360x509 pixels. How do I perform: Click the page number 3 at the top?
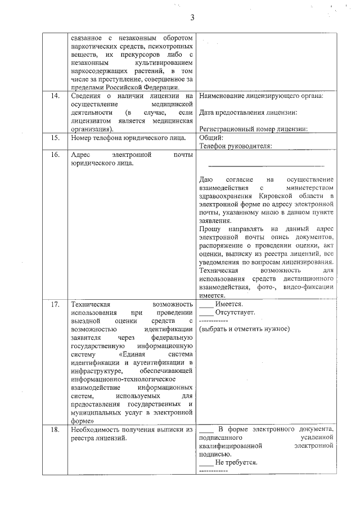192,17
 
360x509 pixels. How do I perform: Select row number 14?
55,96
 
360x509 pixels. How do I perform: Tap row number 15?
55,137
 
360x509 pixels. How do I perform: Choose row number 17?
55,304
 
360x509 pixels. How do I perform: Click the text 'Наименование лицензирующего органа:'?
261,96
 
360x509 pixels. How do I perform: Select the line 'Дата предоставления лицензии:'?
248,112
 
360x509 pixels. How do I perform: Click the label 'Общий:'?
211,137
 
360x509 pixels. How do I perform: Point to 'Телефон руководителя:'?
236,146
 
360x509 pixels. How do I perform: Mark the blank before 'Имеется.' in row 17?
206,305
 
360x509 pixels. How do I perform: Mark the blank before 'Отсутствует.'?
206,313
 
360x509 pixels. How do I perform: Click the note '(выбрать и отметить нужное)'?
244,328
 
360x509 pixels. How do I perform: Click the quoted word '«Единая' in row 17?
133,354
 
